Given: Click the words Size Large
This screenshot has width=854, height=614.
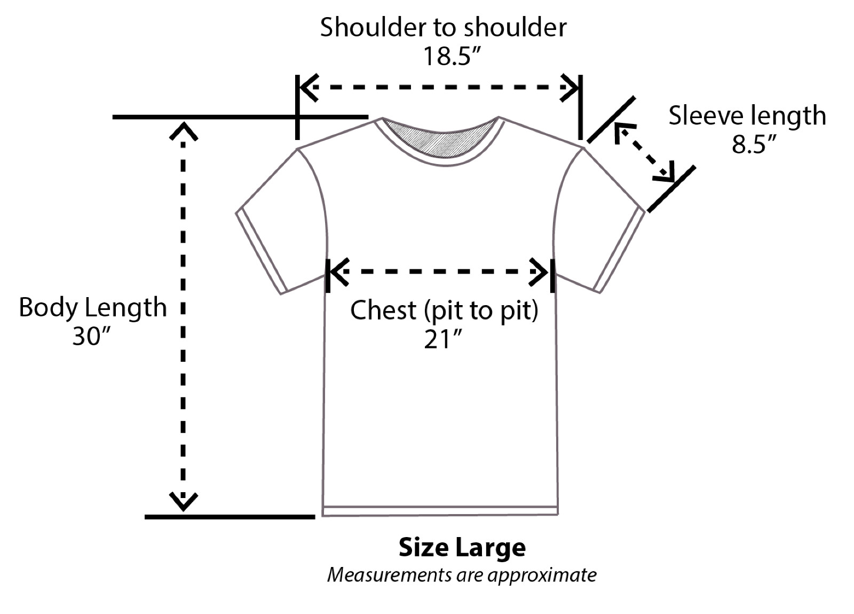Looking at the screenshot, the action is click(x=462, y=548).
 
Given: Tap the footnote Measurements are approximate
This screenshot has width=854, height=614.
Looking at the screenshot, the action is click(x=462, y=575).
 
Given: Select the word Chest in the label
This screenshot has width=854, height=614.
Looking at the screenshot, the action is click(x=383, y=310).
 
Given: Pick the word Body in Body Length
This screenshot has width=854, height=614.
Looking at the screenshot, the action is click(x=48, y=308).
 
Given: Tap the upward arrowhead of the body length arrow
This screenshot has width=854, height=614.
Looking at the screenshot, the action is click(x=183, y=131).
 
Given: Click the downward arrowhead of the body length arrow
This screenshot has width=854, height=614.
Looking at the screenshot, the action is click(x=183, y=501).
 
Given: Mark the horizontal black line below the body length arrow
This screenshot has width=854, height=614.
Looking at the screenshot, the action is click(x=230, y=517).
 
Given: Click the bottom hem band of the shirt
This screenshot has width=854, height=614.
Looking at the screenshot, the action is click(x=440, y=511).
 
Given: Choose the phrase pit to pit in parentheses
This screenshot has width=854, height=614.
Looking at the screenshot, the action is click(x=481, y=310).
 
